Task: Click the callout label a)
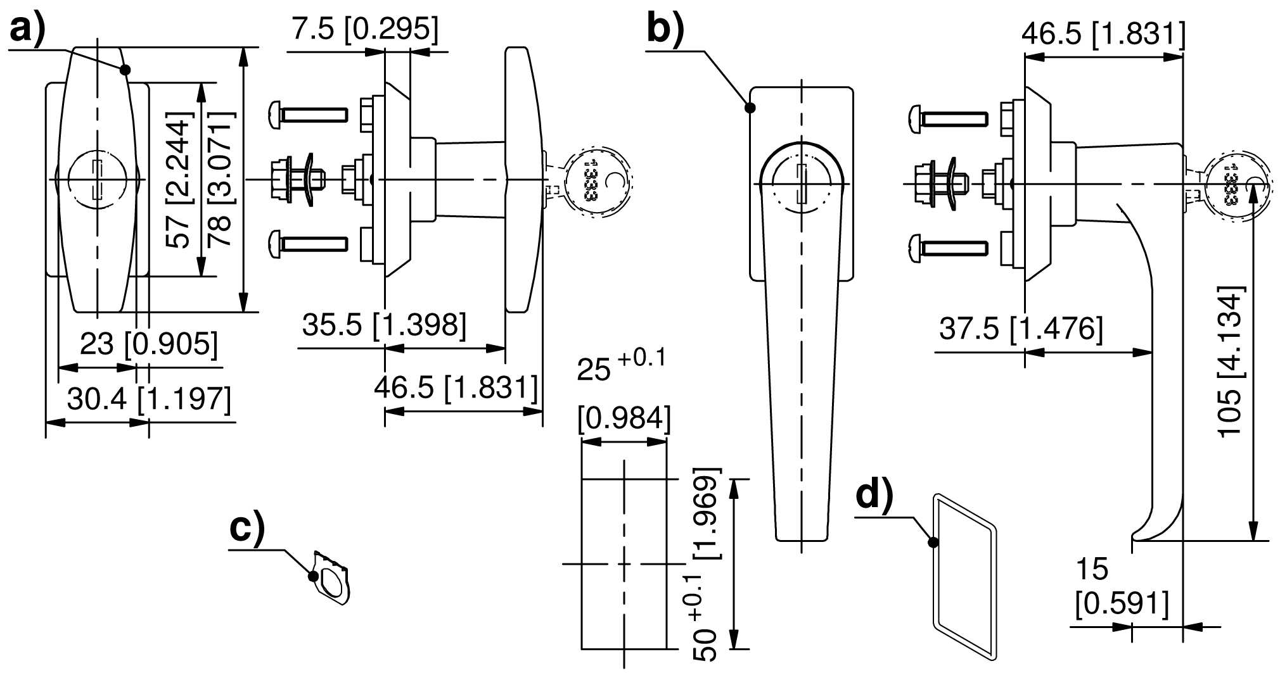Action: [x=29, y=30]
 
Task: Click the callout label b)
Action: [x=665, y=30]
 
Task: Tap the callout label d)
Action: [x=874, y=496]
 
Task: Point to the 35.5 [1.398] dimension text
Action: [x=384, y=324]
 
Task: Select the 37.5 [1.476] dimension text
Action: [x=1021, y=329]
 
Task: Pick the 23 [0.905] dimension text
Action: [x=149, y=344]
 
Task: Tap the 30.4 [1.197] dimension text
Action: [x=149, y=399]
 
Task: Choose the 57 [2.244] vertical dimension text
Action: [x=178, y=181]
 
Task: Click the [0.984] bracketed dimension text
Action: [x=624, y=418]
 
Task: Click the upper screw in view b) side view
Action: [x=948, y=118]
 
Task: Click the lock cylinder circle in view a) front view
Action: [x=97, y=180]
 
